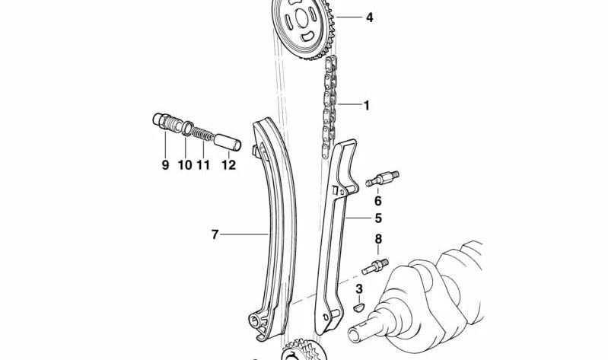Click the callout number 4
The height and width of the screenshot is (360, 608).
coord(369,17)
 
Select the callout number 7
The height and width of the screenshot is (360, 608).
coord(215,235)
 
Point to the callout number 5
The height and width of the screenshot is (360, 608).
coord(377,218)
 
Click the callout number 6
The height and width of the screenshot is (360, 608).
coord(377,202)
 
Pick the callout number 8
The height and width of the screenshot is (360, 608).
coord(377,241)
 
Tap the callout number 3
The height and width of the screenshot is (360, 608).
coord(359,288)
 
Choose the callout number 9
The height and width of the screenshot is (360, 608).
coord(165,164)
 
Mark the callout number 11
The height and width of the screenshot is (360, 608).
coord(203,164)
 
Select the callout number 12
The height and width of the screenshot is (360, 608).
coord(229,164)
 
